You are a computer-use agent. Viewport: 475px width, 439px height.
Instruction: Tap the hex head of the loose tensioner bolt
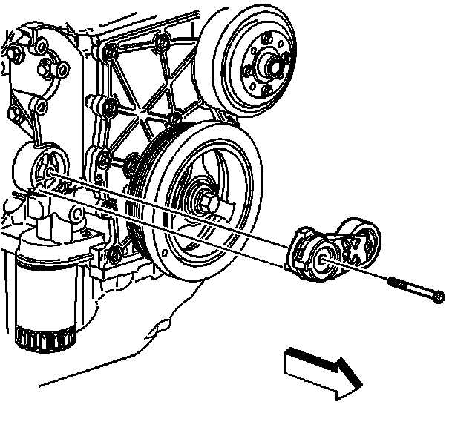(x=438, y=297)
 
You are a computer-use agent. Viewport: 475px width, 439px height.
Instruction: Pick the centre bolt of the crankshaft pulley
(x=205, y=201)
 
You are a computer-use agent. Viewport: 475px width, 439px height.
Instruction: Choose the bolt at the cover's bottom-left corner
(x=114, y=257)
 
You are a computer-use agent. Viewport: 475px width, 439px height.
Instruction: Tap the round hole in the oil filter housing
(x=74, y=216)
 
